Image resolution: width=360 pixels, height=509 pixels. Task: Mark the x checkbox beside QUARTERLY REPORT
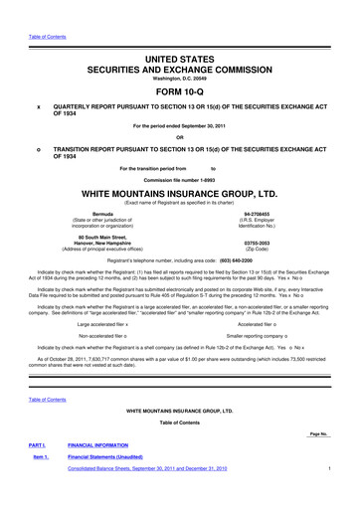[x=39, y=107]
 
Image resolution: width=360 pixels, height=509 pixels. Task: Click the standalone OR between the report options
[x=181, y=137]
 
